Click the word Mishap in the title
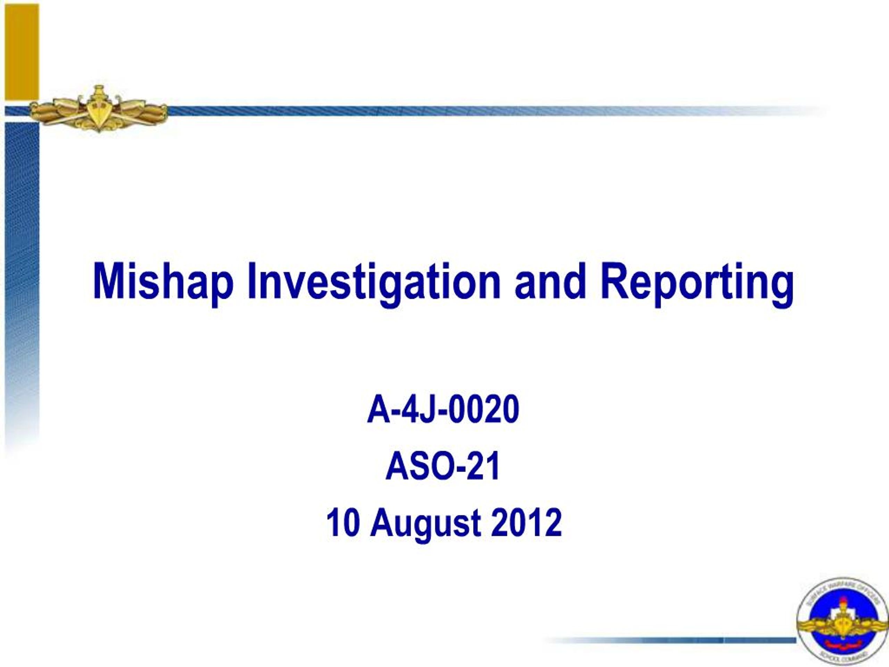pyautogui.click(x=163, y=281)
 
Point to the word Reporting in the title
pyautogui.click(x=697, y=281)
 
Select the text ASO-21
pyautogui.click(x=443, y=466)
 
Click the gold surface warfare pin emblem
pyautogui.click(x=99, y=109)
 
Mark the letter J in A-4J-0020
pyautogui.click(x=425, y=409)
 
